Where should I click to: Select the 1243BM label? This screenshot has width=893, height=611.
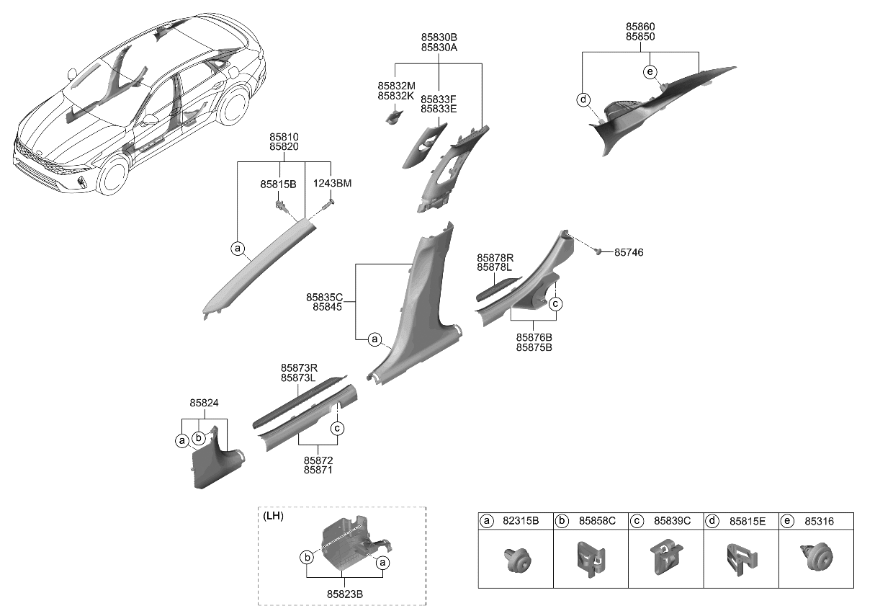pyautogui.click(x=332, y=184)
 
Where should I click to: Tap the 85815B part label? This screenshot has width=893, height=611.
pyautogui.click(x=278, y=184)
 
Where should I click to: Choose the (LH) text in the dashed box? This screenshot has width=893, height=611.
pyautogui.click(x=274, y=516)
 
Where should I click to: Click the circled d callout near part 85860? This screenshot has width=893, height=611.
pyautogui.click(x=583, y=100)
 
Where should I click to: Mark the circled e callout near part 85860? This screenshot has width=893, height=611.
pyautogui.click(x=650, y=71)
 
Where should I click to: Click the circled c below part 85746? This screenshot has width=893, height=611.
pyautogui.click(x=556, y=304)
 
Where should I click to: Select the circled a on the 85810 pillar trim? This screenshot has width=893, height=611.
pyautogui.click(x=238, y=249)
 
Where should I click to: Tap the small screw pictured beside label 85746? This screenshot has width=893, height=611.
pyautogui.click(x=598, y=251)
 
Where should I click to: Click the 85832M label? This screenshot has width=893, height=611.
pyautogui.click(x=395, y=85)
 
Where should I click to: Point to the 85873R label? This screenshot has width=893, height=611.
pyautogui.click(x=298, y=367)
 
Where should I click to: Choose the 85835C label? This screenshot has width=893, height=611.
pyautogui.click(x=324, y=297)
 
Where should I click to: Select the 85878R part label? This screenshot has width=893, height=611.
pyautogui.click(x=495, y=257)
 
